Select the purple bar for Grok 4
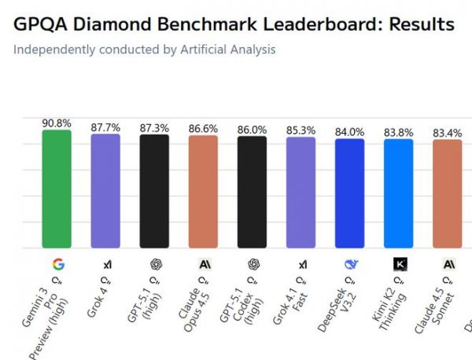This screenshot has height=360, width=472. (105, 191)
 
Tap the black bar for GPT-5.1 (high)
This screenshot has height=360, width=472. (154, 191)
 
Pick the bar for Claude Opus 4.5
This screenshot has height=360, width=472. (203, 192)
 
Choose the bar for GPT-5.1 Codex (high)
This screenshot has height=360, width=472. (252, 193)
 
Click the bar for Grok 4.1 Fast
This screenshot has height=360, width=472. (301, 193)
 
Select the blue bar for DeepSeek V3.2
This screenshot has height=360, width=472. (349, 194)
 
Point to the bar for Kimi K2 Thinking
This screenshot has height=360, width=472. (398, 194)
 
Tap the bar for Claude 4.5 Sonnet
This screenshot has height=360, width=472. (447, 195)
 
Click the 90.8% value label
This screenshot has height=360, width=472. (57, 123)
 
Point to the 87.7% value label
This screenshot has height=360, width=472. (105, 127)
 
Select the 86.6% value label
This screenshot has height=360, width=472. (203, 129)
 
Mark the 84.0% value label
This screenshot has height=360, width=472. (349, 132)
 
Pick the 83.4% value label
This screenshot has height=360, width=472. (447, 133)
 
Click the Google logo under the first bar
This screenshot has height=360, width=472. (57, 264)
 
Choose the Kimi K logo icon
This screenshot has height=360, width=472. (399, 264)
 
